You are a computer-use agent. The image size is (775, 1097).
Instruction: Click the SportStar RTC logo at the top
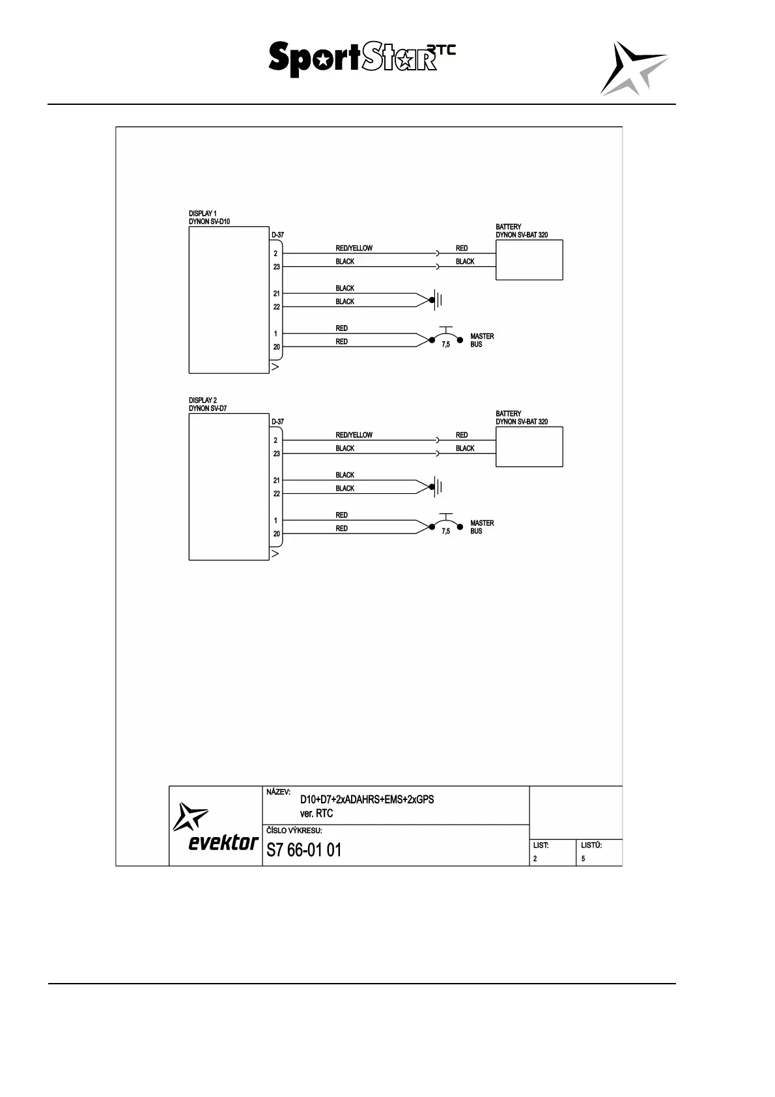(x=361, y=59)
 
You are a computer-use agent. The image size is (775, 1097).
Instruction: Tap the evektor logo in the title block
(x=216, y=827)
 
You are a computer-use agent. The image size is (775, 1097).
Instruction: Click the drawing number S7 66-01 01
(x=303, y=850)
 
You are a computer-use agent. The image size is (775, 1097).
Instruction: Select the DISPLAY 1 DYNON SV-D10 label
(x=209, y=218)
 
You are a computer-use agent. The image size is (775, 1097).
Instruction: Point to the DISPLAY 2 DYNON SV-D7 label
(x=208, y=405)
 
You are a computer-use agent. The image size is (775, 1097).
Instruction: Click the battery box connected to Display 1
(x=529, y=260)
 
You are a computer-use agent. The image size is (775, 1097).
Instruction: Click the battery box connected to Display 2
(x=529, y=447)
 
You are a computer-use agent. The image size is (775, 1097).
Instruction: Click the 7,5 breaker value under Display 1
(x=445, y=345)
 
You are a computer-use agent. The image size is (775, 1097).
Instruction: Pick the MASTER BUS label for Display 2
(x=482, y=527)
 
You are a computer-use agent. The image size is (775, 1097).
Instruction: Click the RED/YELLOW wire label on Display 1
(x=354, y=248)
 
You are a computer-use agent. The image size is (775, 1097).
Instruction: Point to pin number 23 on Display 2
(x=277, y=454)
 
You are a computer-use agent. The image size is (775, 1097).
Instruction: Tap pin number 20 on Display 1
(x=277, y=347)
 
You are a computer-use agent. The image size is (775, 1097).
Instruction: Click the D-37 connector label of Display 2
(x=277, y=421)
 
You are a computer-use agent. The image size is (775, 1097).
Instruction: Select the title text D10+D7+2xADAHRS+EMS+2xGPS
(x=367, y=799)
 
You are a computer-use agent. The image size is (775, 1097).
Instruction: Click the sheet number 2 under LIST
(x=535, y=859)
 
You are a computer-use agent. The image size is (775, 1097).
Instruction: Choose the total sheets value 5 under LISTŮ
(x=583, y=859)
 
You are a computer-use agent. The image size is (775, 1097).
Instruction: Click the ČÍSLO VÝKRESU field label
(x=294, y=831)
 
